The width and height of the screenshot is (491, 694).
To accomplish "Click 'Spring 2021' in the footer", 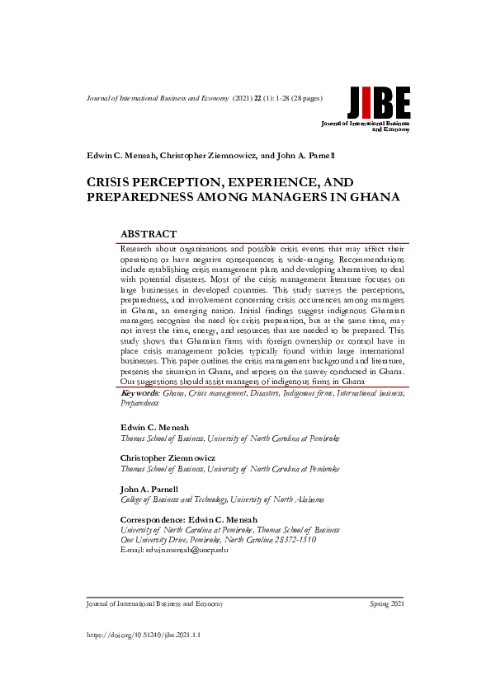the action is pos(388,604).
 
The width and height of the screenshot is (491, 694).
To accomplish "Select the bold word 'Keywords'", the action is pos(139,394).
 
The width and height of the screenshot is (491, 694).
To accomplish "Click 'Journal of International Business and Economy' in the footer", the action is pos(154,604).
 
